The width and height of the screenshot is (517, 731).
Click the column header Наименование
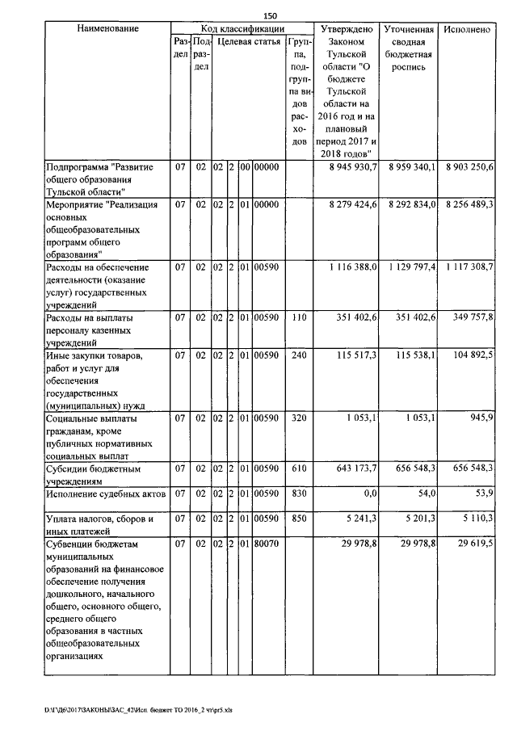coord(107,29)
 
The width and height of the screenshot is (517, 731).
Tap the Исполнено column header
coord(467,29)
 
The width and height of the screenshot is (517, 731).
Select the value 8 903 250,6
coord(469,166)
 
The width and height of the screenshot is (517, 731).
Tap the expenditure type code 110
coord(299,318)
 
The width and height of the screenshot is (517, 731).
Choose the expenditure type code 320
coord(299,418)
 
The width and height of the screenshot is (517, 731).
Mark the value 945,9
coord(481,418)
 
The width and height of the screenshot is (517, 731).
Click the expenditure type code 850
coord(299,519)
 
